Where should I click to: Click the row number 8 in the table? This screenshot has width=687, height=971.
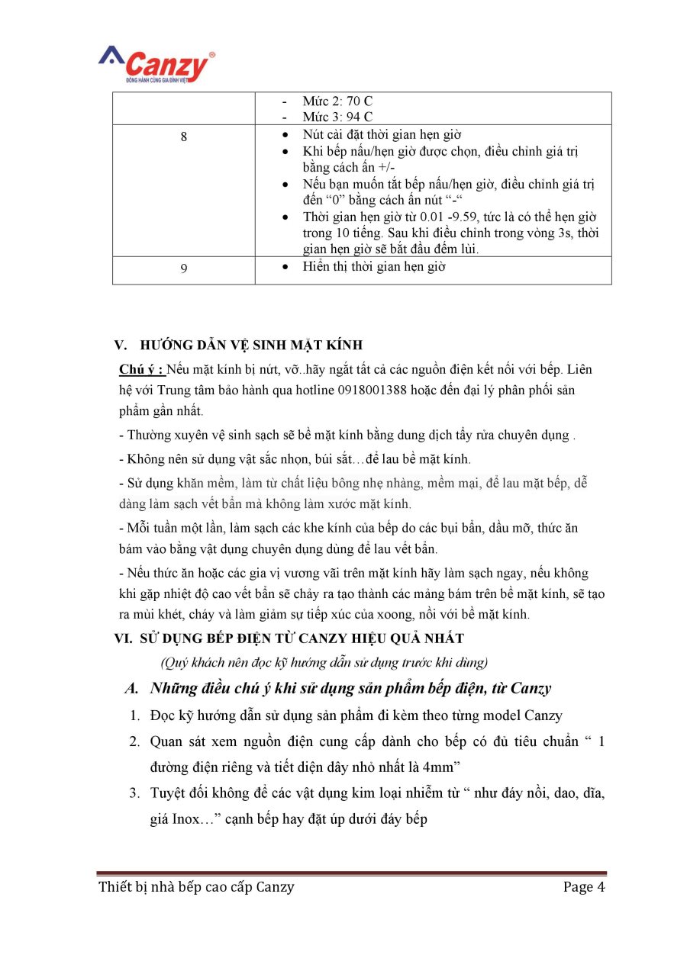(x=183, y=137)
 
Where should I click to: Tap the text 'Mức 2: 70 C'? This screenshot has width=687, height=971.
(x=337, y=101)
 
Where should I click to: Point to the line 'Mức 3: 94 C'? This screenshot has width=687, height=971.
(x=337, y=117)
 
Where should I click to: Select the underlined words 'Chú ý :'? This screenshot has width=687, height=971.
(x=141, y=370)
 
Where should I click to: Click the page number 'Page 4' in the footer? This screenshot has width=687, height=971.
(x=584, y=886)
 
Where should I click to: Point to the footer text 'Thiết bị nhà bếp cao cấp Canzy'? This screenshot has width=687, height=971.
(x=196, y=886)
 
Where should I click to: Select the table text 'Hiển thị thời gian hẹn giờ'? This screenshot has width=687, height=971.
(x=374, y=267)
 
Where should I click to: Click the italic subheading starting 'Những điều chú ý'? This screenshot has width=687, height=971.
(x=350, y=688)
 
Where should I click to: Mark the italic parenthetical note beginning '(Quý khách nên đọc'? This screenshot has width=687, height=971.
(x=324, y=661)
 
